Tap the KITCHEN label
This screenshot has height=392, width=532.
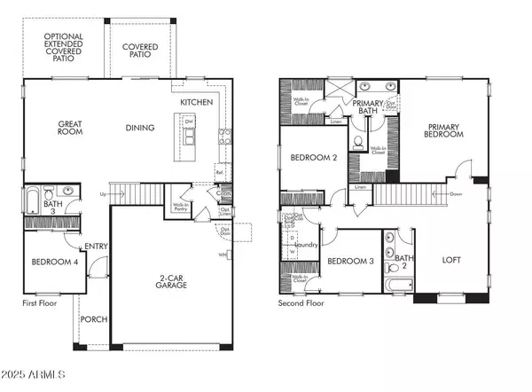click(197, 103)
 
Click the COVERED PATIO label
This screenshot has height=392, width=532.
click(141, 49)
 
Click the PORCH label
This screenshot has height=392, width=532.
click(93, 319)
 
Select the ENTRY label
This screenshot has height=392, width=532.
click(96, 247)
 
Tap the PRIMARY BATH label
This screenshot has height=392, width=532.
click(368, 108)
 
